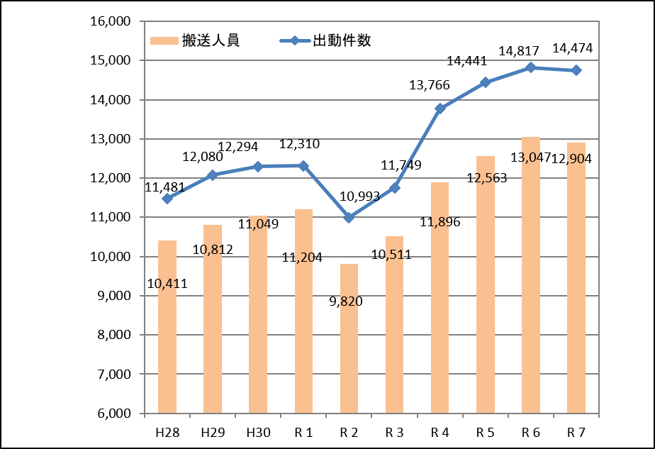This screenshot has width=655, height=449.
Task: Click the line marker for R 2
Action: [349, 218]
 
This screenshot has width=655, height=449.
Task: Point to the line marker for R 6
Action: [531, 67]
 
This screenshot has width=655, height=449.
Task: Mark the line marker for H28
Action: [167, 199]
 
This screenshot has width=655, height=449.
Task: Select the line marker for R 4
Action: [440, 109]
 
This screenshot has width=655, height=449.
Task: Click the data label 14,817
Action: [520, 51]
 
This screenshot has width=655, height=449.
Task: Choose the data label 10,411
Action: [167, 284]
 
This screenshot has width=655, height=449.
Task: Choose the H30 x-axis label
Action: [257, 431]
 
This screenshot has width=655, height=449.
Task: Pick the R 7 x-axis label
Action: [576, 431]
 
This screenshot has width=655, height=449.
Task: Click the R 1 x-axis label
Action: [303, 431]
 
